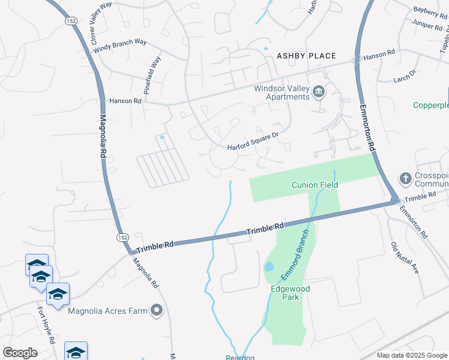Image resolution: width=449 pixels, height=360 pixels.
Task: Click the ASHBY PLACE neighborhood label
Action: coord(306,56)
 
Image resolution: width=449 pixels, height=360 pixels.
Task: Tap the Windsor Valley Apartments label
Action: coord(282,92)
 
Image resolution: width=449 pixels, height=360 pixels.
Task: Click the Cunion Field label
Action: coord(315,185)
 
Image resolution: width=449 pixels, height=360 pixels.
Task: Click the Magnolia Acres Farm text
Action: coord(107,311)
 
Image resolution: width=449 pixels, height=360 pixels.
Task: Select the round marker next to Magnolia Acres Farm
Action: coord(157,310)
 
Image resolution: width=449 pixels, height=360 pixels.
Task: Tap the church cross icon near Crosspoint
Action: coord(405,178)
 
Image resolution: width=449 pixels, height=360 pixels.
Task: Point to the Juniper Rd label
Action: coord(430,25)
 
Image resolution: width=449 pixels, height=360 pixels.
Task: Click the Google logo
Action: coord(20,353)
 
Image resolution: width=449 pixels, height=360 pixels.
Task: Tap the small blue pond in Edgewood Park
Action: coord(269,266)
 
